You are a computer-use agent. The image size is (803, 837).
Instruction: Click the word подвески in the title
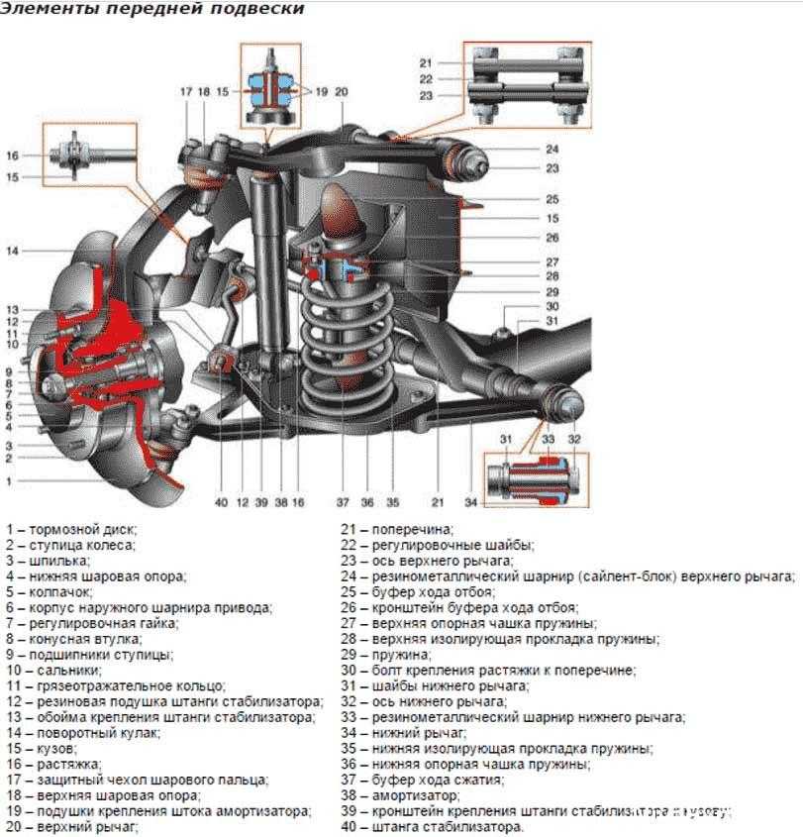(255, 9)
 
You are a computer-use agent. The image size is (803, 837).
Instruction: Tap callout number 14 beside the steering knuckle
(12, 252)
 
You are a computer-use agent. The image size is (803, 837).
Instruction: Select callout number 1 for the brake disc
(9, 480)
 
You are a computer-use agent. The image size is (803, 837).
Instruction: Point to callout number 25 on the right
(552, 198)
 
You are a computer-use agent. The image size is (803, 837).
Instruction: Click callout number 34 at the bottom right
(470, 502)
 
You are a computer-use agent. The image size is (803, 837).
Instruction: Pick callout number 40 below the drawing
(220, 502)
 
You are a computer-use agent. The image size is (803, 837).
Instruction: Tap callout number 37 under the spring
(343, 502)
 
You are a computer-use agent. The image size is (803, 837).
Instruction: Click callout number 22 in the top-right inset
(426, 79)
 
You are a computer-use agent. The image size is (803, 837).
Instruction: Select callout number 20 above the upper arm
(341, 92)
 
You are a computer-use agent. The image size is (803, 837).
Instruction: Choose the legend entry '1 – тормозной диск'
(70, 530)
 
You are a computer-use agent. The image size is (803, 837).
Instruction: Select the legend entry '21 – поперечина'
(397, 530)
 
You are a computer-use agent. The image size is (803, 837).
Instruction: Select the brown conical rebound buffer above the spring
(342, 208)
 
